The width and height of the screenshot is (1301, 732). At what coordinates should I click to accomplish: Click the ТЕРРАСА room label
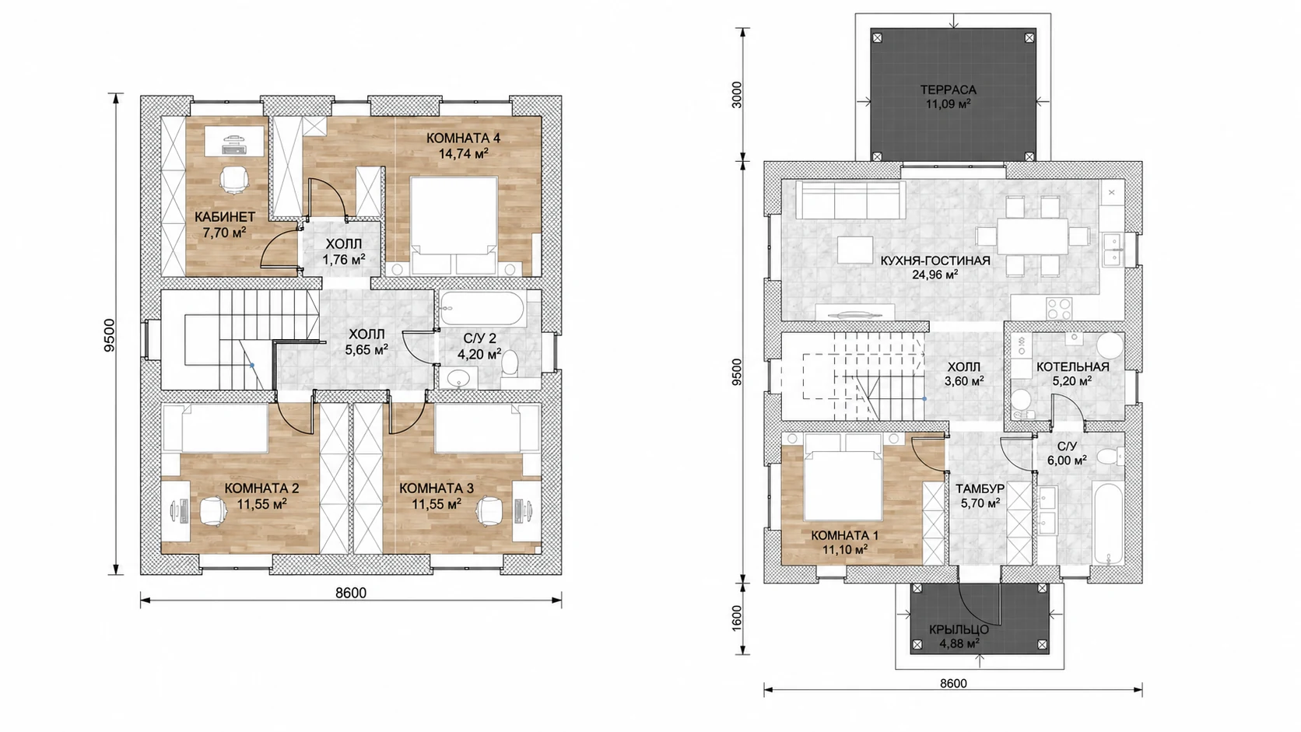(948, 90)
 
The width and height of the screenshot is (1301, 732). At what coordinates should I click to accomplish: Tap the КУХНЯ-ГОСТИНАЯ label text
(935, 261)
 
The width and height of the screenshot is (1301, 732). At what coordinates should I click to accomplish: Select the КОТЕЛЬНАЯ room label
(1073, 367)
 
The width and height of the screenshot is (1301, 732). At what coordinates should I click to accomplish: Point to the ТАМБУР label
(980, 489)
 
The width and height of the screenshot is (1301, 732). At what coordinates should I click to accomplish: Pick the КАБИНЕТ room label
(225, 217)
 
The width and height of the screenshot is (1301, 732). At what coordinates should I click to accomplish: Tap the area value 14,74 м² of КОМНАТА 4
(463, 154)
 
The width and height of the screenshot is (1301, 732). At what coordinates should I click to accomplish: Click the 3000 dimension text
(736, 96)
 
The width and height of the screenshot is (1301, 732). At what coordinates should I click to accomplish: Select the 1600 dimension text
(736, 618)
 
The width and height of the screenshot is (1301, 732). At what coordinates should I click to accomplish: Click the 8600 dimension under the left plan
(351, 593)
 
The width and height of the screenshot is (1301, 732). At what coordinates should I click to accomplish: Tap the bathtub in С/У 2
(483, 308)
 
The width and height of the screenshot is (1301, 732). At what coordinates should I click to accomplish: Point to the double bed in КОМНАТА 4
(454, 226)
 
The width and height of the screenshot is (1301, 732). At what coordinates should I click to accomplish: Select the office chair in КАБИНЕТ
(233, 178)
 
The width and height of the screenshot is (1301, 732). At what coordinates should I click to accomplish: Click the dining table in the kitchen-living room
(1033, 236)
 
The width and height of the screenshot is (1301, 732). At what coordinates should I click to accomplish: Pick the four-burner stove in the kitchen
(1059, 308)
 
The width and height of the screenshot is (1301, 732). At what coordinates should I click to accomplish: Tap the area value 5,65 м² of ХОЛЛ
(366, 349)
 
